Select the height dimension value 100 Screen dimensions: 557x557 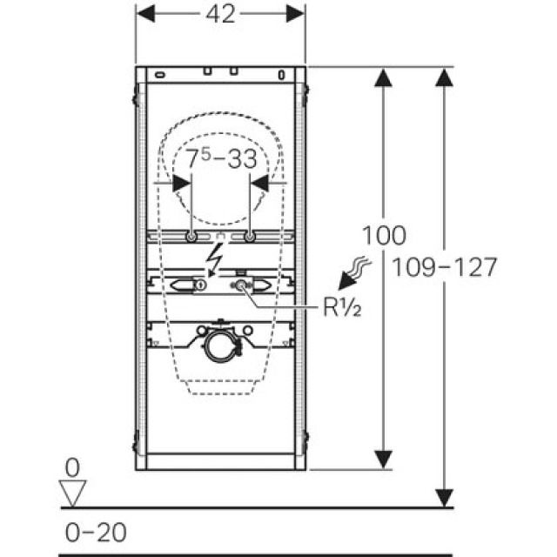tap(383, 234)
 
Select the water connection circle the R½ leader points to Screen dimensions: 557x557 tap(239, 285)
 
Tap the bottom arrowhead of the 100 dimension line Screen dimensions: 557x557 tap(383, 458)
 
